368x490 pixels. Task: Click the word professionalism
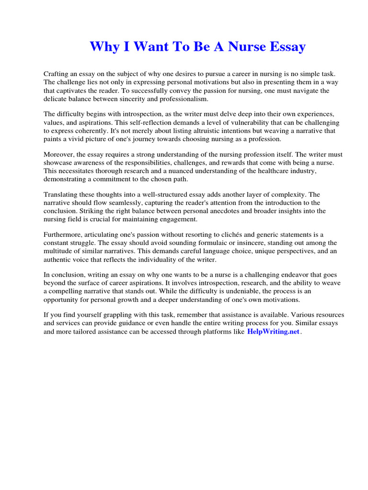(x=184, y=99)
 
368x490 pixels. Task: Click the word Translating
(x=62, y=195)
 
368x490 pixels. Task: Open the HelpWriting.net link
(x=273, y=332)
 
